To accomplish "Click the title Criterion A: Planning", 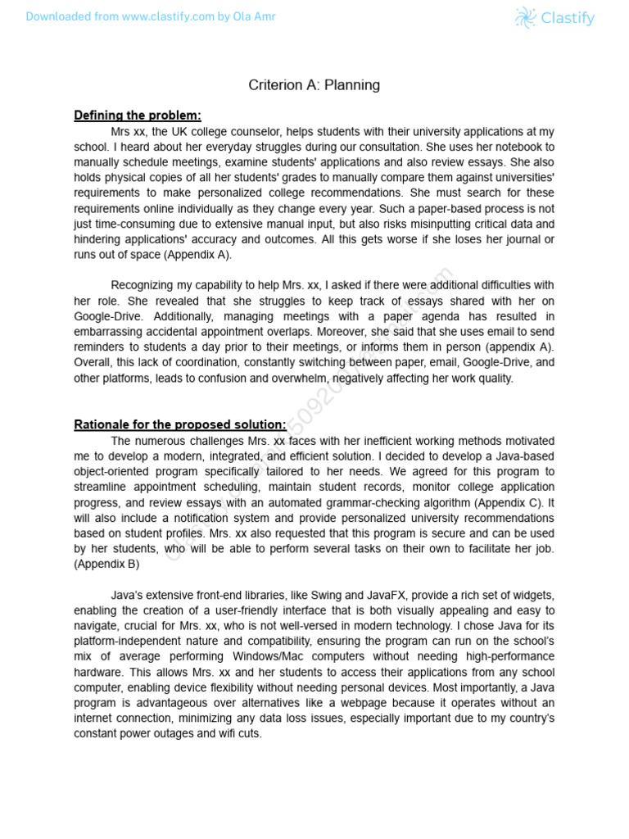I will coord(314,85).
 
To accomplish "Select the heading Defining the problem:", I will coord(138,115).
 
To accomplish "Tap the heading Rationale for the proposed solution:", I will coord(180,424).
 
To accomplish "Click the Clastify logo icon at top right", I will coord(525,17).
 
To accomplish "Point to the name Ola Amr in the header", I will coord(258,17).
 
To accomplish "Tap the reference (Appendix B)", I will coord(106,564).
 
